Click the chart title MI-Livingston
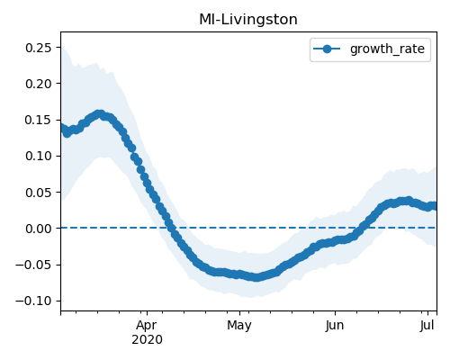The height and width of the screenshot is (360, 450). point(248,20)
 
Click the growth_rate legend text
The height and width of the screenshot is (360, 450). point(387,49)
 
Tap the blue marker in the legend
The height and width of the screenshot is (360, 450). point(327,49)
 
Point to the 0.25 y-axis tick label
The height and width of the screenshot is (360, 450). point(39,48)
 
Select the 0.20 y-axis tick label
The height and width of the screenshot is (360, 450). point(39,84)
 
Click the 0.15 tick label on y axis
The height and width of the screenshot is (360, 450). point(39,120)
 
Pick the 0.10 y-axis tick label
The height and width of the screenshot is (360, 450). point(39,156)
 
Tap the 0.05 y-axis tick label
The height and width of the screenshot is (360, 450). point(39,193)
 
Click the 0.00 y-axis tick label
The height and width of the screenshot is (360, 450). point(39,229)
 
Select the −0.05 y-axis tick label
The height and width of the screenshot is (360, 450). point(33,265)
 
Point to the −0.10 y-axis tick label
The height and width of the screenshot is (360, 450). point(33,301)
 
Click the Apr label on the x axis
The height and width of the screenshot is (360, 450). point(147,326)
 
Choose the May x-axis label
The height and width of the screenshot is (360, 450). point(239,326)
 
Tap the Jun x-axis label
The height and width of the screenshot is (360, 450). point(335,326)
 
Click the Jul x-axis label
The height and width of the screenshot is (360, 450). point(427,326)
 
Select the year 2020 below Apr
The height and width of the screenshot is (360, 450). point(147,340)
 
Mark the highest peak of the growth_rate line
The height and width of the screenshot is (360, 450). point(100,114)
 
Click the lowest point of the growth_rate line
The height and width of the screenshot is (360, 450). point(256,277)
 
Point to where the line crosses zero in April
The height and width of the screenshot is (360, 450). point(171,228)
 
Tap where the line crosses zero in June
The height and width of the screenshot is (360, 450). point(361,228)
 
